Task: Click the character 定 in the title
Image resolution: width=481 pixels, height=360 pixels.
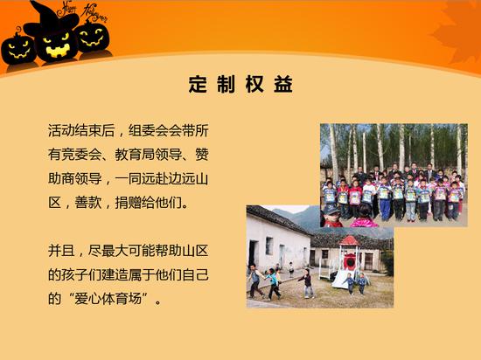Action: tap(198, 84)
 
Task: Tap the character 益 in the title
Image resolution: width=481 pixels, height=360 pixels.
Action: tap(283, 84)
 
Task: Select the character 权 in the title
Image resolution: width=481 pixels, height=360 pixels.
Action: tap(254, 84)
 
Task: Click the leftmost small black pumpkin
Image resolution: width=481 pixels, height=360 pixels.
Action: tap(17, 49)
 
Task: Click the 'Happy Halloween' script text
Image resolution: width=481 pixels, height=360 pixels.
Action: tap(83, 11)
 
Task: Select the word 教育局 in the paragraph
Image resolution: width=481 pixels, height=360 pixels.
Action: tap(135, 155)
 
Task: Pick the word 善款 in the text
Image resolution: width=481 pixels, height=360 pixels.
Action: tap(88, 203)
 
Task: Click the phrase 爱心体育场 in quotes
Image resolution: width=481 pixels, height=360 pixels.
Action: tap(108, 299)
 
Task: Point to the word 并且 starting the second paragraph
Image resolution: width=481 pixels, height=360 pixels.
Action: tap(61, 251)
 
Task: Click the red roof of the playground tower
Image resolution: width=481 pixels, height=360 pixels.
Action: tap(349, 241)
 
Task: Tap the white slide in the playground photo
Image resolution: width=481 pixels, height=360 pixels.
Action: tap(339, 278)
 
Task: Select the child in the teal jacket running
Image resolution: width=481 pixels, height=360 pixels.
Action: tap(273, 283)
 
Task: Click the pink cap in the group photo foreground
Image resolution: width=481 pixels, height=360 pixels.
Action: tap(364, 222)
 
